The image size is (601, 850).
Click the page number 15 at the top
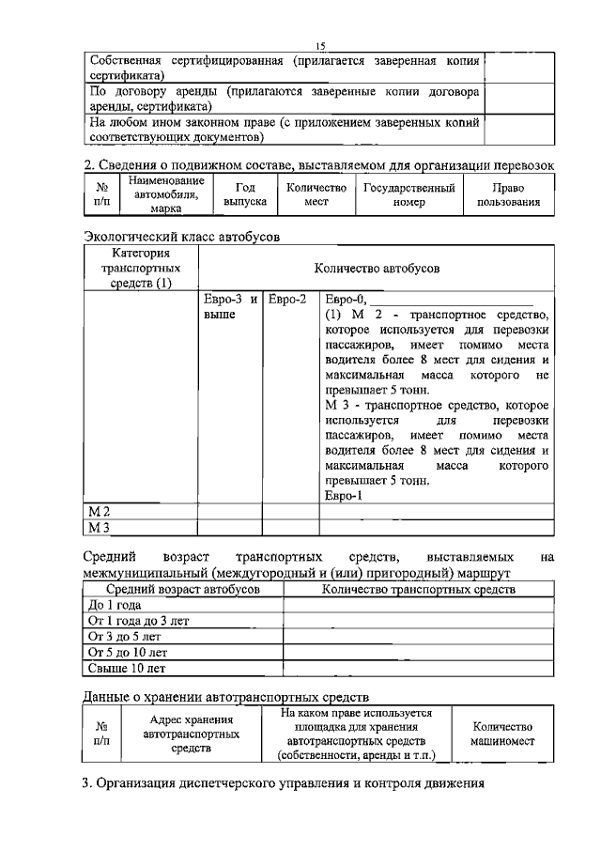[x=319, y=45]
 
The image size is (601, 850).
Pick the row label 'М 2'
[x=100, y=511]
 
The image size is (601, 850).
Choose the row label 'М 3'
[x=100, y=527]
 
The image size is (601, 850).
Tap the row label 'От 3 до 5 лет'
[x=124, y=637]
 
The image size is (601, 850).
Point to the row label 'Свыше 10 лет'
[x=126, y=669]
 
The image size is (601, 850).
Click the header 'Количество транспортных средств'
[x=418, y=590]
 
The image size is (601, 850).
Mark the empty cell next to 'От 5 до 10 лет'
[x=418, y=653]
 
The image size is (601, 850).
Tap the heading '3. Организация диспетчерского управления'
[x=283, y=783]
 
